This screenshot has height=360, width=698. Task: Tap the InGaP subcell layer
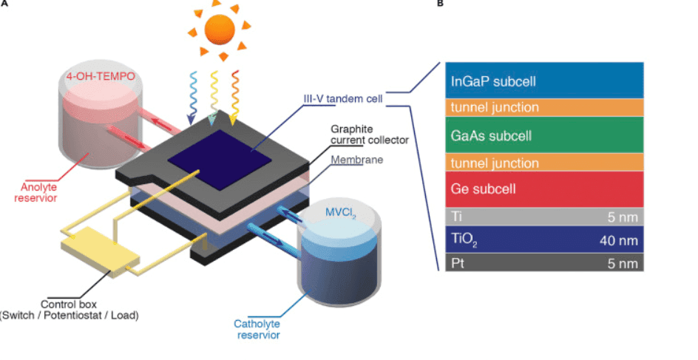pos(544,81)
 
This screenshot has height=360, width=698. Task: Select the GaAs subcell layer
pos(544,135)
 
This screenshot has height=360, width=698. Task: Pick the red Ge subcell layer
pos(544,189)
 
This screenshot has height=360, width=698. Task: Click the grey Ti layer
pos(544,217)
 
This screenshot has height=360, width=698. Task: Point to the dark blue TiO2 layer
pos(544,239)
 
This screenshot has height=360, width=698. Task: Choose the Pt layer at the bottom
pos(544,263)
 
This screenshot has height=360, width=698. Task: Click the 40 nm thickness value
pos(617,240)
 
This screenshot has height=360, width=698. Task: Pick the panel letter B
pos(441,4)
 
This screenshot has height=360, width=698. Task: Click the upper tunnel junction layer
pos(544,108)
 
